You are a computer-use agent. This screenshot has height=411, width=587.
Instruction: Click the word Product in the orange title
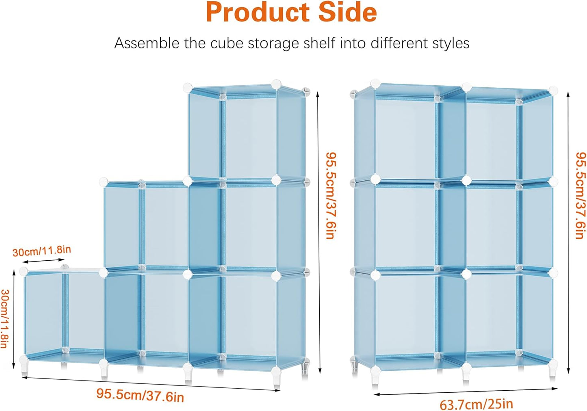point(258,12)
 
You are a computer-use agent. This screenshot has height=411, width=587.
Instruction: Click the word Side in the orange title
point(348,12)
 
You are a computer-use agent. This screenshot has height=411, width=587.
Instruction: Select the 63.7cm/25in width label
point(476,404)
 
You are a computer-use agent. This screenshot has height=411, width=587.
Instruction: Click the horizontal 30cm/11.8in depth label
point(41,251)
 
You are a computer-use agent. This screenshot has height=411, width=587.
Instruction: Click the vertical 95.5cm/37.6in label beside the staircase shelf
point(331,195)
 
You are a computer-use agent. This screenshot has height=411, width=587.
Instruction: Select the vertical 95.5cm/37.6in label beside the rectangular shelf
point(581,195)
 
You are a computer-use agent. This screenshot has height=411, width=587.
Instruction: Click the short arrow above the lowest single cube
point(43,261)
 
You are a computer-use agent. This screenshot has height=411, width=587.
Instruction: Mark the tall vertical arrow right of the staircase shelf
point(319,232)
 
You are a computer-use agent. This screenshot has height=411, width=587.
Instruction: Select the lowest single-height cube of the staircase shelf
point(63,315)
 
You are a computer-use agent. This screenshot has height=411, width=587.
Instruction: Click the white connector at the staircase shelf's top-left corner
point(188,87)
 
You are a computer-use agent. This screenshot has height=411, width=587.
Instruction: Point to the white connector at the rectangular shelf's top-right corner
point(553,90)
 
